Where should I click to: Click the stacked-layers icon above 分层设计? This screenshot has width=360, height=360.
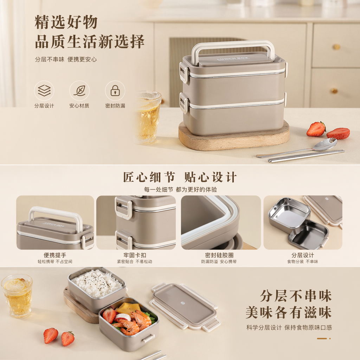tap(44, 90)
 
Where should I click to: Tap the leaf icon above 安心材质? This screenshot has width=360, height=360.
tap(79, 90)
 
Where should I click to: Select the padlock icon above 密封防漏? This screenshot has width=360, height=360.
tap(115, 90)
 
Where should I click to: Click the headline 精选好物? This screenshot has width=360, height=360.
tap(66, 22)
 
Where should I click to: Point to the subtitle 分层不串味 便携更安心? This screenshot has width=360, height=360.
tap(66, 59)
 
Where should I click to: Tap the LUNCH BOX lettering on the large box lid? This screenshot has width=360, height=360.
tap(233, 59)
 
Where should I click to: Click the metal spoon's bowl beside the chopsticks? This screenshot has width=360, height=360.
tap(324, 144)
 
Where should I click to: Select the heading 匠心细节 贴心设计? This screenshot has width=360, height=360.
tap(180, 177)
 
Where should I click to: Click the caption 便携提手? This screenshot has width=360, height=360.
tap(55, 255)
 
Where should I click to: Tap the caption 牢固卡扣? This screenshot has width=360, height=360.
tap(135, 255)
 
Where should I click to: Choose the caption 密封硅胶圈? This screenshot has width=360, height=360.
tap(219, 255)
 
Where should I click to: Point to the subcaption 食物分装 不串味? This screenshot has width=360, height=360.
tap(303, 262)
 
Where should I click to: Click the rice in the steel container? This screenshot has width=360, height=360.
tap(97, 283)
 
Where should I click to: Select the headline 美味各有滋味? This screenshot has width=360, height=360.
tap(289, 313)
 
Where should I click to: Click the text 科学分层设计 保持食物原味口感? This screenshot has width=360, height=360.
tap(289, 328)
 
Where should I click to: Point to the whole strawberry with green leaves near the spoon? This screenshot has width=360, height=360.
tap(316, 129)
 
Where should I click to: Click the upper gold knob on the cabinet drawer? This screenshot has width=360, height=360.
tap(336, 47)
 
